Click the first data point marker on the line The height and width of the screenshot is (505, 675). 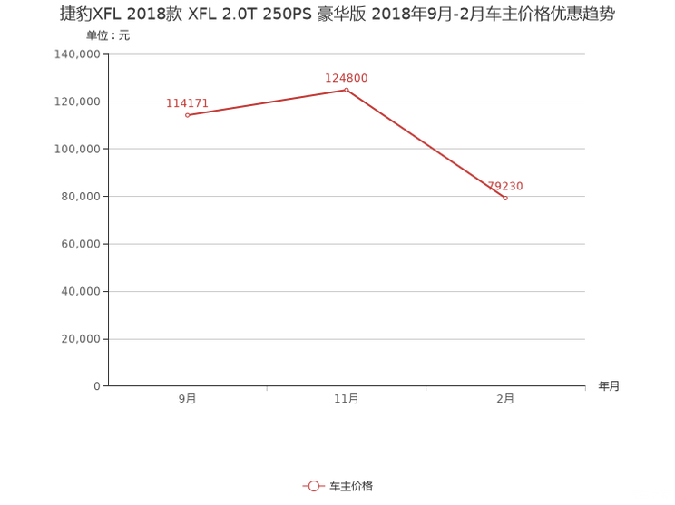pyautogui.click(x=187, y=115)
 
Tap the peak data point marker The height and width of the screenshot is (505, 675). pyautogui.click(x=347, y=89)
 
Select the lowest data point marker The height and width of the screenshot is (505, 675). pyautogui.click(x=505, y=198)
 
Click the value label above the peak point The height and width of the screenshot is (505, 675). pyautogui.click(x=347, y=77)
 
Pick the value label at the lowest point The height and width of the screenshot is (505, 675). pyautogui.click(x=505, y=187)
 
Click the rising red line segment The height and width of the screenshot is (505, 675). pyautogui.click(x=267, y=102)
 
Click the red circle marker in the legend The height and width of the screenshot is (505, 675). pyautogui.click(x=313, y=486)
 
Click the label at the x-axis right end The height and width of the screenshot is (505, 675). pyautogui.click(x=608, y=386)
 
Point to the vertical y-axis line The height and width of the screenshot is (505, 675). pyautogui.click(x=108, y=218)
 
